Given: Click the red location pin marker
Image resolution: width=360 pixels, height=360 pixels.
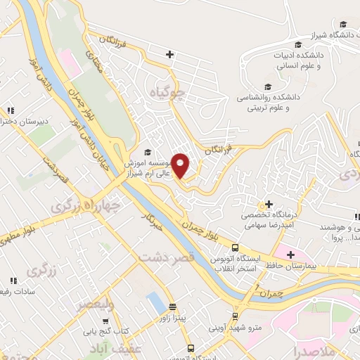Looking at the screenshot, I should click(181, 165).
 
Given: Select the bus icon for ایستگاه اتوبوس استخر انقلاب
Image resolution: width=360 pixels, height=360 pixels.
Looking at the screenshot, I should click(236, 247).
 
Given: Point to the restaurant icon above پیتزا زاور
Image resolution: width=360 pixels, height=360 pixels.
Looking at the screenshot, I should click(173, 307).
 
